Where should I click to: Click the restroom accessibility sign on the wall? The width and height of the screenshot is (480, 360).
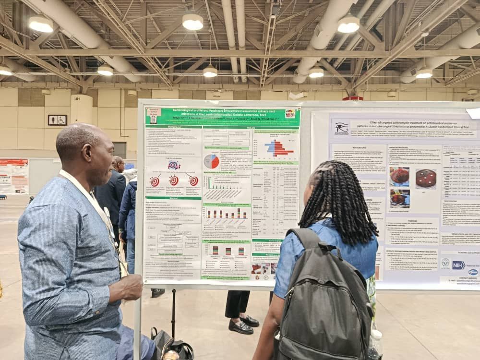[57, 120]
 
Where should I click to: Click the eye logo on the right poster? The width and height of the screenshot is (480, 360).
[342, 128]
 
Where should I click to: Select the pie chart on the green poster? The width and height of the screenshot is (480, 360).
[211, 161]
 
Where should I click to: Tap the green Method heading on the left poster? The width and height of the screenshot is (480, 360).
[173, 198]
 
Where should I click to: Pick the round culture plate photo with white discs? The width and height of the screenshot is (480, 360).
[426, 178]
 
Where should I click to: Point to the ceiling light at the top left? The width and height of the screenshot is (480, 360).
[41, 24]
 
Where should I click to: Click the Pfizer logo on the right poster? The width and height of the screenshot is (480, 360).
[473, 272]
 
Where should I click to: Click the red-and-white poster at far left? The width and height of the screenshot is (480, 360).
[13, 176]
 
